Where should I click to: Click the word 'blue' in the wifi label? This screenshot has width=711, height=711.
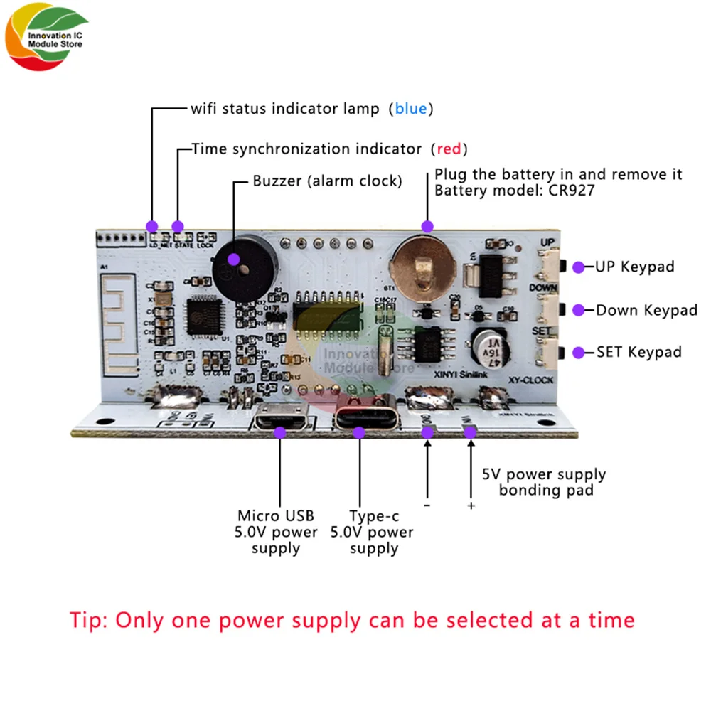tap(411, 109)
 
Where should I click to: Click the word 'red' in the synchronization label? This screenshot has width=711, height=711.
tap(449, 149)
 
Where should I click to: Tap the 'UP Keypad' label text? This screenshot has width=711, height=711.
tap(635, 267)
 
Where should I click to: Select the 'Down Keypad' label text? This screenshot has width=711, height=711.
tap(646, 310)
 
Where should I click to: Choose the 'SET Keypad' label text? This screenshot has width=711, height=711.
tap(638, 352)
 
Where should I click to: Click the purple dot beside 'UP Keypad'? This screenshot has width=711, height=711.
tap(579, 267)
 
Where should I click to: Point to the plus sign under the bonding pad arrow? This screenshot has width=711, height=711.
tap(471, 506)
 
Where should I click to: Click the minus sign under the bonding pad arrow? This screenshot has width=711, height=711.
tap(427, 506)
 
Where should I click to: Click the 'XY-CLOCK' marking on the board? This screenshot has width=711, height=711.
tap(532, 380)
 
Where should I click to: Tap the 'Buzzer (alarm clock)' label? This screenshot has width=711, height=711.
tap(327, 181)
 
